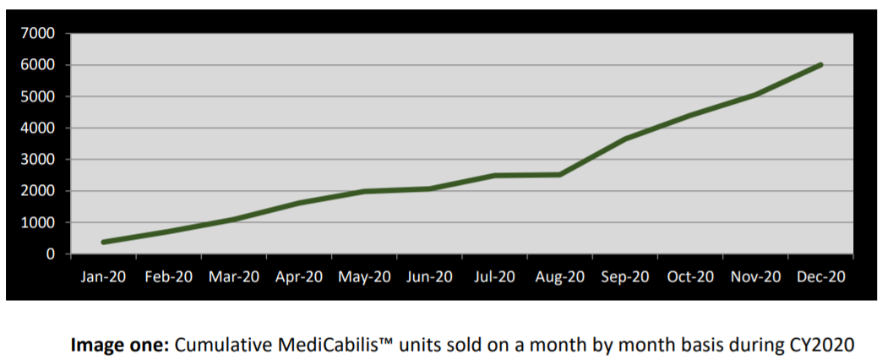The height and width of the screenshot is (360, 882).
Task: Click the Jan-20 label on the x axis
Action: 103,276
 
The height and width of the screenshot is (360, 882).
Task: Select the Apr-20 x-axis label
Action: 299,276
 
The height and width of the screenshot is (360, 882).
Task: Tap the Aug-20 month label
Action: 559,276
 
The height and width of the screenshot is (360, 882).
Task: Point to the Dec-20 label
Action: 819,276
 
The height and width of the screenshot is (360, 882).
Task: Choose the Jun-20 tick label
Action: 429,276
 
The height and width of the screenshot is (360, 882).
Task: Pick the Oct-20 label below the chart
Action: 689,276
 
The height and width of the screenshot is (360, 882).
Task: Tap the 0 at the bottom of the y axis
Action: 50,254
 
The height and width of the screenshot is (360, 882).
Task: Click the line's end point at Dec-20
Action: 819,65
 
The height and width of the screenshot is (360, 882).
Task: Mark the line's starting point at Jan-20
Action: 103,243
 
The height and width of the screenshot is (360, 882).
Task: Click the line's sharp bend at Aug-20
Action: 559,175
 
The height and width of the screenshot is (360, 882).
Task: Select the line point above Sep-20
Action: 624,139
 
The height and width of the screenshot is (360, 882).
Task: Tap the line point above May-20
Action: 364,192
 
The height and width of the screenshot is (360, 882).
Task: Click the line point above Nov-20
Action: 754,95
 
